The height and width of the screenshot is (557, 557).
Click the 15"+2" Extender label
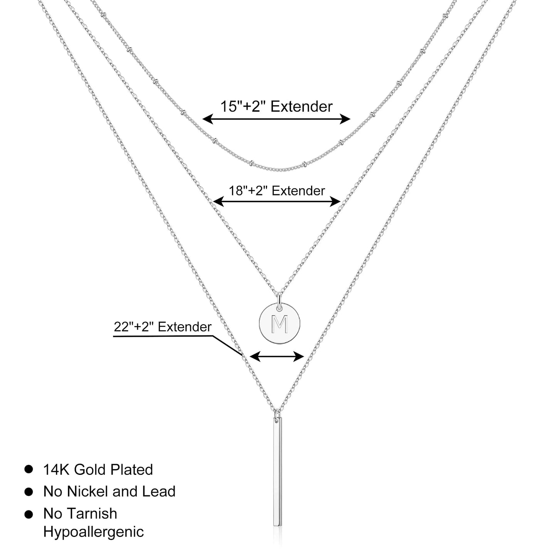click(x=276, y=106)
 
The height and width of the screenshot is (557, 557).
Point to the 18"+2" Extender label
click(x=277, y=190)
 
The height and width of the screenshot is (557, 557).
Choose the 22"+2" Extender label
click(x=162, y=327)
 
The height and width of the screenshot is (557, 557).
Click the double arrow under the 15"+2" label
click(x=276, y=119)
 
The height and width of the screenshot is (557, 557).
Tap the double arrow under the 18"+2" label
click(x=277, y=201)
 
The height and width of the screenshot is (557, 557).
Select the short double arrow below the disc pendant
click(x=277, y=357)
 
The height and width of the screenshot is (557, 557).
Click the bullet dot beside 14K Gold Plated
click(x=29, y=469)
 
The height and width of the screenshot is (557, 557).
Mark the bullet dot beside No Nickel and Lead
click(x=29, y=491)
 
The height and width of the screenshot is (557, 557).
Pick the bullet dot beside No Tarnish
click(x=29, y=513)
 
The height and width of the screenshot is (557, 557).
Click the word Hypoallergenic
click(x=93, y=532)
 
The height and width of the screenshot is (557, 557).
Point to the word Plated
click(x=131, y=469)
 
